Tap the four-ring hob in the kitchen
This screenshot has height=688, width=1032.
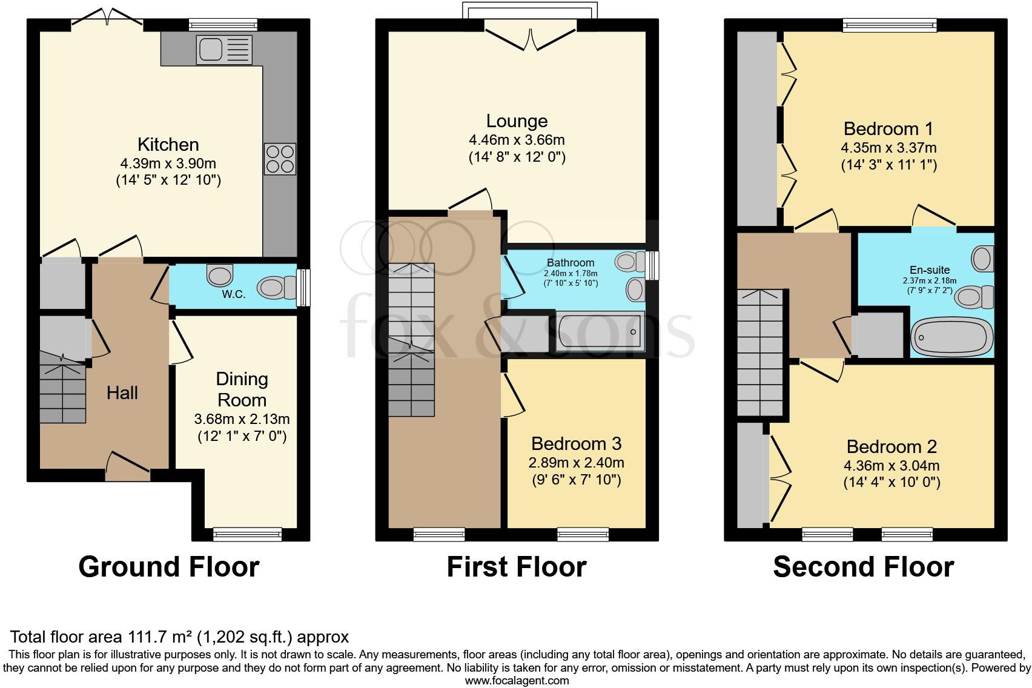coord(280,159)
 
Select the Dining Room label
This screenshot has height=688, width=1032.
coord(242,389)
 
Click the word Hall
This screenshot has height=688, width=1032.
coord(122,393)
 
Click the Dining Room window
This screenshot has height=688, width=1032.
coord(247,534)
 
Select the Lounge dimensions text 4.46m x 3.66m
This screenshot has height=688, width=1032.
coord(517,140)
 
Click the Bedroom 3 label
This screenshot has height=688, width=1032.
coord(576,444)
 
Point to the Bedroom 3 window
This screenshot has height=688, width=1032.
coord(583,534)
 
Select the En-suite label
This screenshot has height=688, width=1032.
coord(930,270)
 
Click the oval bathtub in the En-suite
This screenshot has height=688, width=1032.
coord(952,337)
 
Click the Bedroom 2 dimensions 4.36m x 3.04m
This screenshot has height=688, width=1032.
coord(891,466)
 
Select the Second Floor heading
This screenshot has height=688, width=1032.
coord(863,567)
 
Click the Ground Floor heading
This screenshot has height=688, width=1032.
coord(169,567)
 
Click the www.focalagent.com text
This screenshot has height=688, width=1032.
coord(517,681)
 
